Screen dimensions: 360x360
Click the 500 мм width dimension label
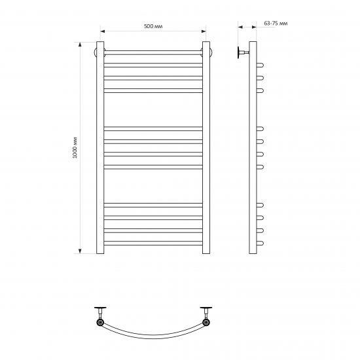click(153, 26)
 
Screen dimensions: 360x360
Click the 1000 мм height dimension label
click(75, 148)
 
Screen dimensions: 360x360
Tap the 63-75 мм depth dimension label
click(276, 24)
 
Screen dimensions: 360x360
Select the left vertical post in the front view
click(100, 148)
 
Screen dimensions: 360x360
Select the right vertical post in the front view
click(206, 148)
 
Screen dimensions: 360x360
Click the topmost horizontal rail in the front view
click(153, 52)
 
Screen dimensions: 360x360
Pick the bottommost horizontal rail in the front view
click(153, 243)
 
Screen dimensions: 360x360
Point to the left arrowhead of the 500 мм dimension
click(103, 31)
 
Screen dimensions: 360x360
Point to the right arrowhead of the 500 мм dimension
click(204, 31)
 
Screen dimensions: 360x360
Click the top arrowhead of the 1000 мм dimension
click(80, 45)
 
